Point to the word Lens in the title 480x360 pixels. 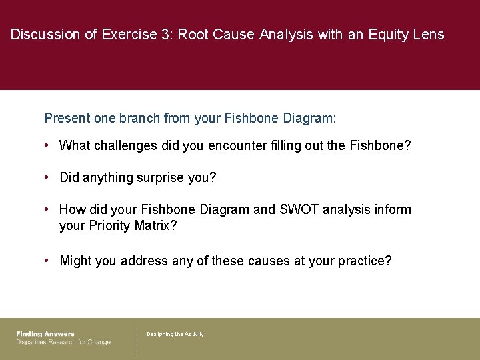(x=428, y=35)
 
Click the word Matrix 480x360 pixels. (x=155, y=226)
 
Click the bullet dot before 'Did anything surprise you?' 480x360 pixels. (x=47, y=178)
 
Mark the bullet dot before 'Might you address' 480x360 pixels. (x=47, y=261)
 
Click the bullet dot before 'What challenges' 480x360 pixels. (x=47, y=145)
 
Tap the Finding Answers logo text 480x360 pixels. (x=45, y=334)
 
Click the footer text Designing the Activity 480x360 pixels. (x=175, y=334)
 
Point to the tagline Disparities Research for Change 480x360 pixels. (x=63, y=342)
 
